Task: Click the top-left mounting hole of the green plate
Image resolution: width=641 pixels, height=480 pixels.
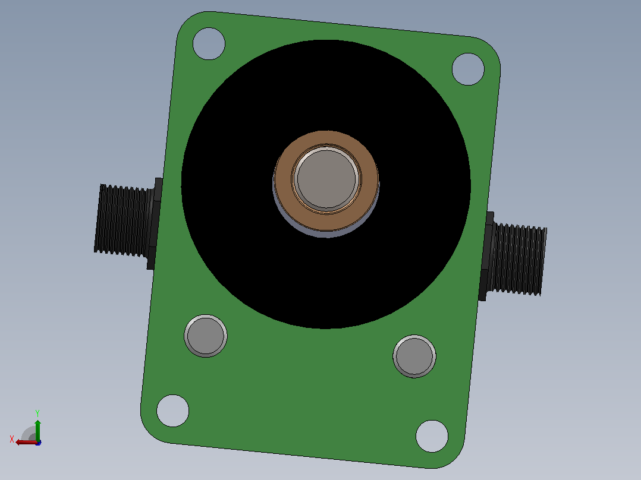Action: pos(209,44)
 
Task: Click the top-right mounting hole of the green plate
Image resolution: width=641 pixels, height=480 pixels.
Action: pos(468,69)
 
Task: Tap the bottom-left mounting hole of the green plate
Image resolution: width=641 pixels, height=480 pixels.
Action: pos(173,410)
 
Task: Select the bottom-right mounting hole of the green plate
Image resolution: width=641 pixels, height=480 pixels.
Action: pos(432,436)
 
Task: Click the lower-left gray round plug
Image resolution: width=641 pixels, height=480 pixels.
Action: pos(206,336)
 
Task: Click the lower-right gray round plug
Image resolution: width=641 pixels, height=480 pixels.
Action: pos(414,356)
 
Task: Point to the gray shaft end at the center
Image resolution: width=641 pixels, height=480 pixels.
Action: pos(326,179)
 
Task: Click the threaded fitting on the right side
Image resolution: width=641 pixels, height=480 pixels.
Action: pos(519,259)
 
